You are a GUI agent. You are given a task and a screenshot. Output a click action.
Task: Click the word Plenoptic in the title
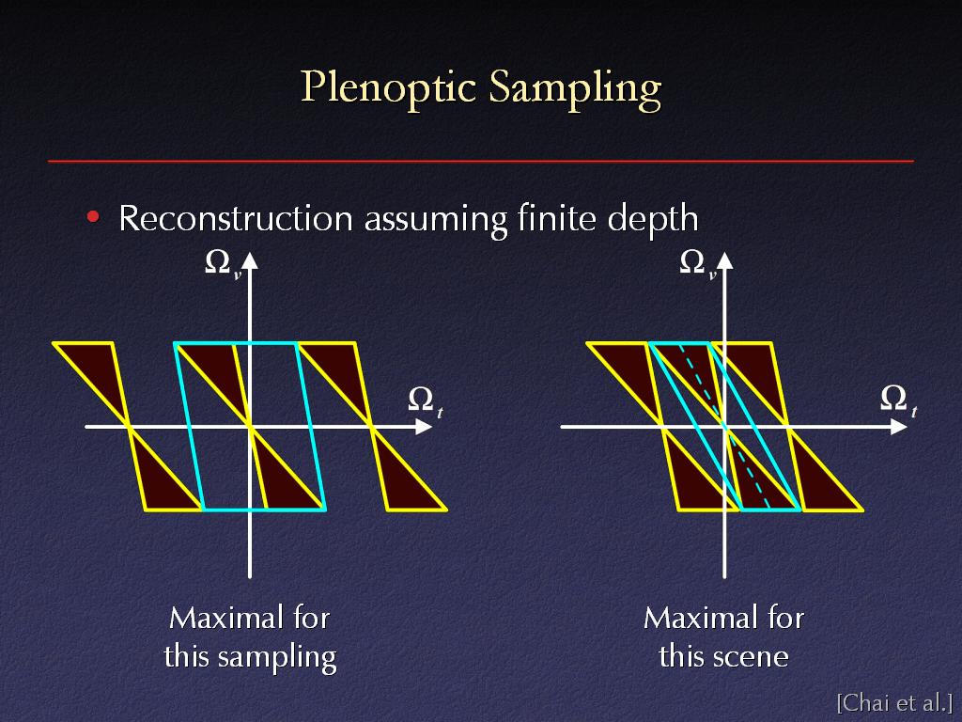coord(388,88)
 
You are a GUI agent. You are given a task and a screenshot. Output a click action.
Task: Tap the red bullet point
coord(93,217)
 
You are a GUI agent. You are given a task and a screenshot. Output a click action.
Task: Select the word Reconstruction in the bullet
coord(236,218)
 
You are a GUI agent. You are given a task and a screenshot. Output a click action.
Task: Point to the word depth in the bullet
coord(653,218)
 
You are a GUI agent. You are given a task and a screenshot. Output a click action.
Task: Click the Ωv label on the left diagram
coord(223,264)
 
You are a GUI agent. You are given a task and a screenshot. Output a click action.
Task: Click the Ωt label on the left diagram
coord(426,401)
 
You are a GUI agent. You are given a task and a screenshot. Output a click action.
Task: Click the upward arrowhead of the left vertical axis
coord(250,260)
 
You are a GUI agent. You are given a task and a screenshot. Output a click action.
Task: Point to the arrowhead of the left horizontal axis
coord(424,426)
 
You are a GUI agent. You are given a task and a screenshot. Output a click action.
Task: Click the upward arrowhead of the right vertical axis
coord(724,260)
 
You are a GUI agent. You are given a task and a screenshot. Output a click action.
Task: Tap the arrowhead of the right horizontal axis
coord(899,426)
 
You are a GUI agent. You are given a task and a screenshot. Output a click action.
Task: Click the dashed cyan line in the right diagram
coord(724,426)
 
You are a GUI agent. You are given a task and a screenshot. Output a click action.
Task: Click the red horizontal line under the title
coord(480,161)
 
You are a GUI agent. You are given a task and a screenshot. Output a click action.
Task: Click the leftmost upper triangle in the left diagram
coord(98,369)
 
